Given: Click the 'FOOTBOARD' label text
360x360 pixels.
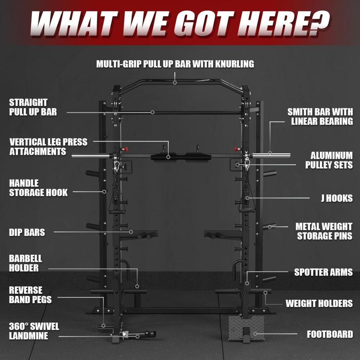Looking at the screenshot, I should tap(330, 334).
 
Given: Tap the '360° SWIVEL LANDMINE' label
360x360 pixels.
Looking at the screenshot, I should tap(34, 331).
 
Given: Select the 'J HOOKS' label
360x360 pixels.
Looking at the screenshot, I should tap(336, 198).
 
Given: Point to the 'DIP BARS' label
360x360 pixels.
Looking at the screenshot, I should tap(27, 232).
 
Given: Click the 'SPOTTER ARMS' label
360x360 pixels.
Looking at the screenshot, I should tap(323, 272).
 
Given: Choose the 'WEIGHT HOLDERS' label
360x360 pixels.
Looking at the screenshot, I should tap(319, 303).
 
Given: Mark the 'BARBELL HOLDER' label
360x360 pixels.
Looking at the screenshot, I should tap(25, 263).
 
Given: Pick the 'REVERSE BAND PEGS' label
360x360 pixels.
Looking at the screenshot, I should tap(30, 295).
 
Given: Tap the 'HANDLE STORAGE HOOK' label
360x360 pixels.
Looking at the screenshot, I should tap(38, 188).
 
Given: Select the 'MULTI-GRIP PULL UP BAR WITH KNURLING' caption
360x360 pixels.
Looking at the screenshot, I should tap(175, 64).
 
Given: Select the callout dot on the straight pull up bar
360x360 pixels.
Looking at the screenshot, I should tap(153, 112).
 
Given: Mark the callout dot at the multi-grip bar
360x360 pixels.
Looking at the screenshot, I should tap(175, 83).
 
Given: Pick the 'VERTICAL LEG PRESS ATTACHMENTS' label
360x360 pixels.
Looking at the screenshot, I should tap(48, 147).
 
